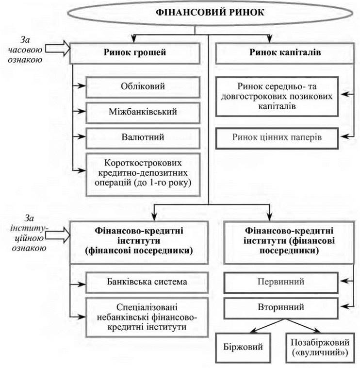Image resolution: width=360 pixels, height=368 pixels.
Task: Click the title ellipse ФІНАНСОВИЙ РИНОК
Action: tap(210, 13)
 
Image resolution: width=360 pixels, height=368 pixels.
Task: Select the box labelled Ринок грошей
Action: tap(138, 53)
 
